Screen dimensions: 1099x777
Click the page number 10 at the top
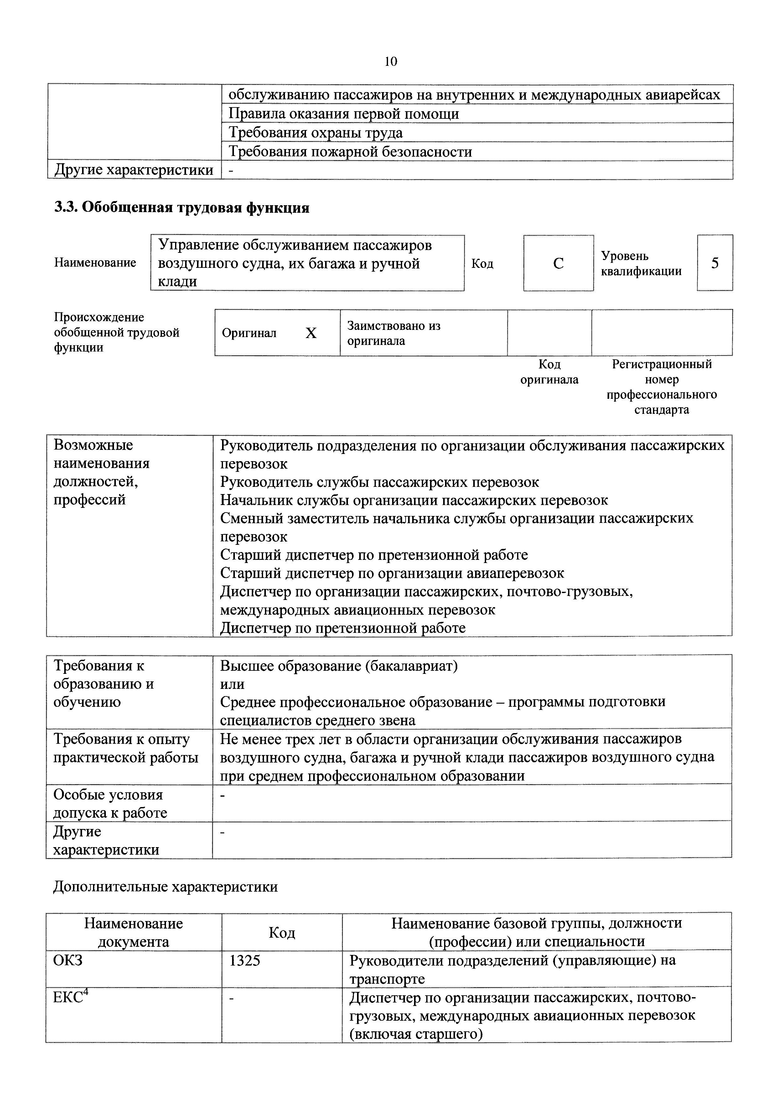point(391,62)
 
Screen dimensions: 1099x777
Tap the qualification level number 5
point(714,263)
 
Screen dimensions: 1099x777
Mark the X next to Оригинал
point(311,333)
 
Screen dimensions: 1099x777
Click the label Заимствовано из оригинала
point(393,333)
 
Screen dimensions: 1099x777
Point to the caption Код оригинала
point(549,372)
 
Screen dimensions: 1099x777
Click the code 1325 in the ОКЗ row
point(245,961)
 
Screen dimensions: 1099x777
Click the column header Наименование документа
point(133,932)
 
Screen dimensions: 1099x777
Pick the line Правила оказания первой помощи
point(344,114)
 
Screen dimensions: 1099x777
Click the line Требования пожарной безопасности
point(350,152)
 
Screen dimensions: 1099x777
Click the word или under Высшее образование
point(232,684)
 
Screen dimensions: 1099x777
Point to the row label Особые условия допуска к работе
point(110,804)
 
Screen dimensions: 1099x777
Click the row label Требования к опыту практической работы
point(125,748)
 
